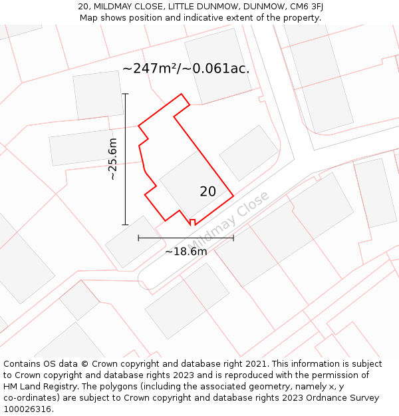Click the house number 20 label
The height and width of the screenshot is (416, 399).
[x=207, y=192]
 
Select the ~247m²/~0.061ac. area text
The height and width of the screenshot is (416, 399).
[x=186, y=68]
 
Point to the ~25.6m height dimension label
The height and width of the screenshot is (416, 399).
[x=112, y=159]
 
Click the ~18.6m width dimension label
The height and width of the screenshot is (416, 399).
[x=186, y=252]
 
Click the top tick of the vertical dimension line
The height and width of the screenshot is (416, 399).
[x=125, y=94]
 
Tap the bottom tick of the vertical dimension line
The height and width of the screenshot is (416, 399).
[x=125, y=225]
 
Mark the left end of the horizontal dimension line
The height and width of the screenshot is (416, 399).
[x=138, y=238]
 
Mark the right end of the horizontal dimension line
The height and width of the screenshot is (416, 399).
[x=233, y=238]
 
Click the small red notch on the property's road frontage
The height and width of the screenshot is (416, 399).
[x=192, y=222]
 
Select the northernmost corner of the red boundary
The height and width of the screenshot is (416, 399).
[x=182, y=94]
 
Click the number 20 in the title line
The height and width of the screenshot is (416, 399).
[x=83, y=7]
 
